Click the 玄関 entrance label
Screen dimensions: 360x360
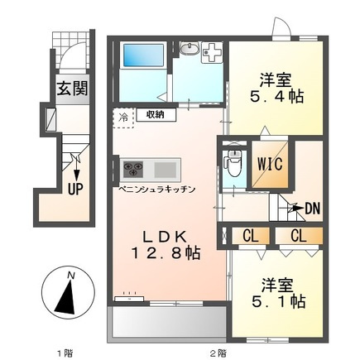point(72,89)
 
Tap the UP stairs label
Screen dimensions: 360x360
point(75,189)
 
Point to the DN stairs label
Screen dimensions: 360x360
point(313,209)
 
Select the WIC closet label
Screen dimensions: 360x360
point(270,164)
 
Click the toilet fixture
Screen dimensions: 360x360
point(233,163)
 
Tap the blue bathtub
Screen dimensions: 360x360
point(143,55)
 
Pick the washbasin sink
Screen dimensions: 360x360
point(190,49)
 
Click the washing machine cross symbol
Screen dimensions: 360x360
point(212,52)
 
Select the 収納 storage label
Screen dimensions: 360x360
point(156,114)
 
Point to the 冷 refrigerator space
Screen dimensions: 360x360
point(123,118)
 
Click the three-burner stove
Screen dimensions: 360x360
point(133,169)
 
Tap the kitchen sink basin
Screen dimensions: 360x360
point(166,170)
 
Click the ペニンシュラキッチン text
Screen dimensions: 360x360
point(157,190)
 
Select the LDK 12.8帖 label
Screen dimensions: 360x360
point(166,245)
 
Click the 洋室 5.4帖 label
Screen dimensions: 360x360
point(276,88)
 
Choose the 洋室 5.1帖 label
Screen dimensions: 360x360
point(278,293)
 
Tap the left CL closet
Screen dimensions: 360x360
point(251,236)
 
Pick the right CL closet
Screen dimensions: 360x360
point(299,236)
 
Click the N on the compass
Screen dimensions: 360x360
point(71,275)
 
